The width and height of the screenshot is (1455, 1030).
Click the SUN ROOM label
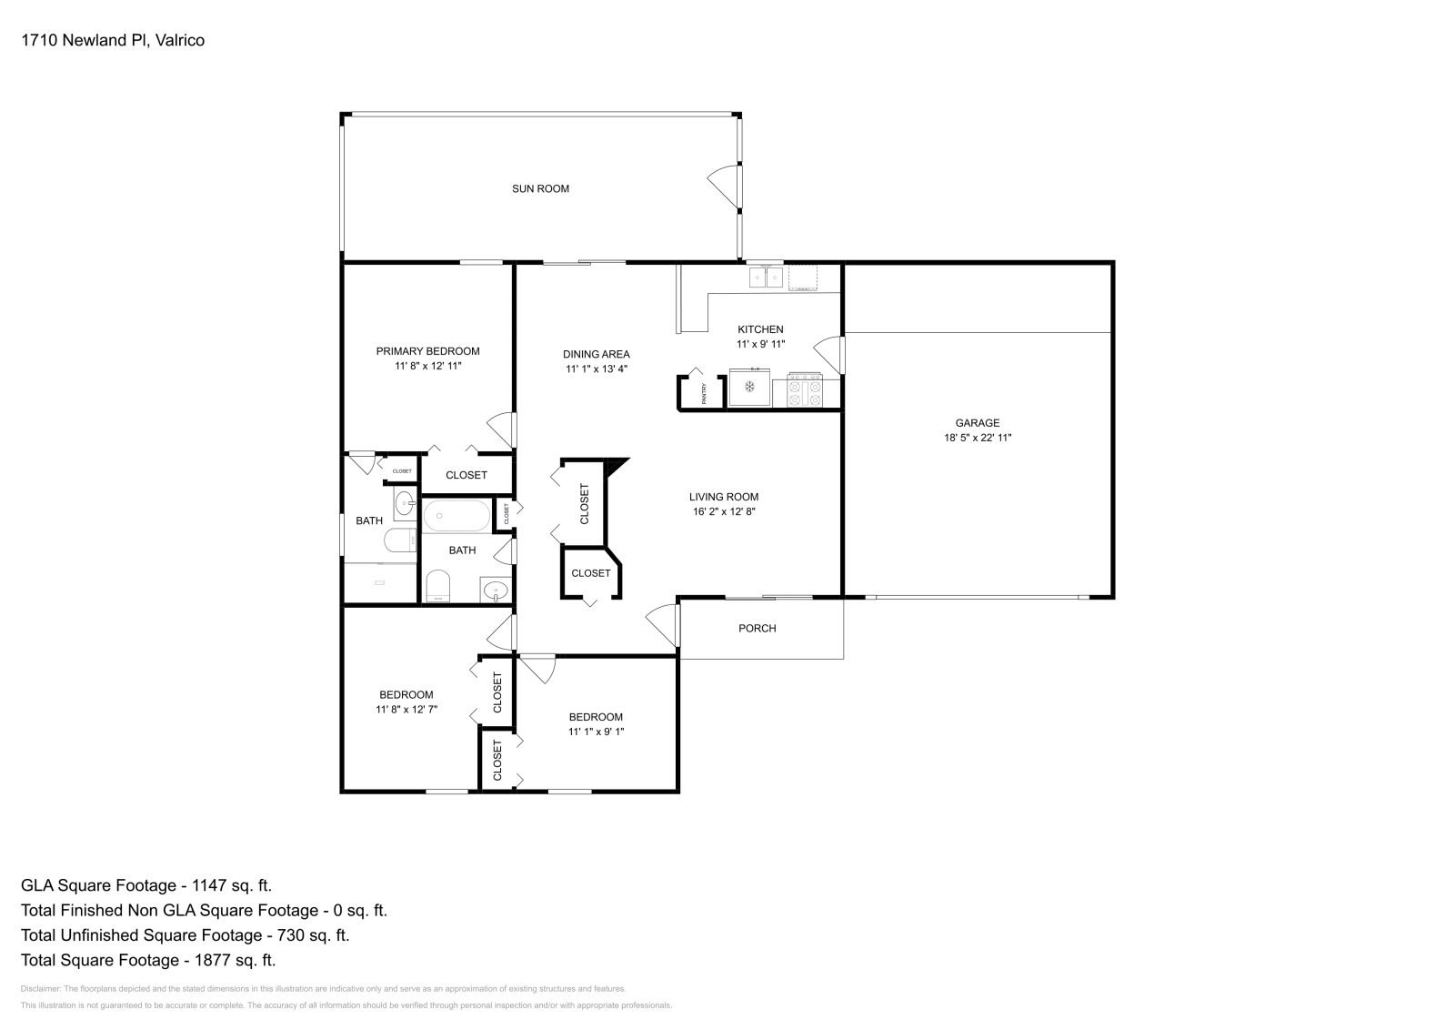click(x=540, y=189)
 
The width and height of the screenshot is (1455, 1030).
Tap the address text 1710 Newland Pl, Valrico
click(x=113, y=40)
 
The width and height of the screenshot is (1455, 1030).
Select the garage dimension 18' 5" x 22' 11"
click(x=978, y=438)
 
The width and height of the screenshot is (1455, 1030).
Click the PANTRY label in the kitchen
click(x=704, y=393)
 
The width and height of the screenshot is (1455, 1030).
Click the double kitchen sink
click(x=766, y=276)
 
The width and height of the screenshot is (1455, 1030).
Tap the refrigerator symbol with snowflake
click(x=750, y=388)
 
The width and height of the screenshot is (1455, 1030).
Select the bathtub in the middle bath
click(x=457, y=516)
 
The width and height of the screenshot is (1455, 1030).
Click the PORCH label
click(x=757, y=629)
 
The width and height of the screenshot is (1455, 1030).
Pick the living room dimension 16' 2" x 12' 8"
click(x=723, y=511)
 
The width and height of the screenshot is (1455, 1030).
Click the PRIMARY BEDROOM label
click(x=427, y=351)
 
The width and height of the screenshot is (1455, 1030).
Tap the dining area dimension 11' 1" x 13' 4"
click(x=596, y=369)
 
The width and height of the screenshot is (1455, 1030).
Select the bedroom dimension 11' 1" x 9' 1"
click(x=596, y=732)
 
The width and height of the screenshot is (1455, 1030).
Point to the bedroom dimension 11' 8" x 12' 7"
click(x=406, y=709)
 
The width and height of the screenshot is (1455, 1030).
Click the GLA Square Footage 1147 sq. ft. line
click(x=146, y=885)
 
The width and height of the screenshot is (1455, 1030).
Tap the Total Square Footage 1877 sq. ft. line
click(x=148, y=960)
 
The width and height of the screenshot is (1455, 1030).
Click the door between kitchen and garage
click(x=829, y=354)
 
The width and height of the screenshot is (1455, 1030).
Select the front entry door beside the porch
click(x=665, y=626)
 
